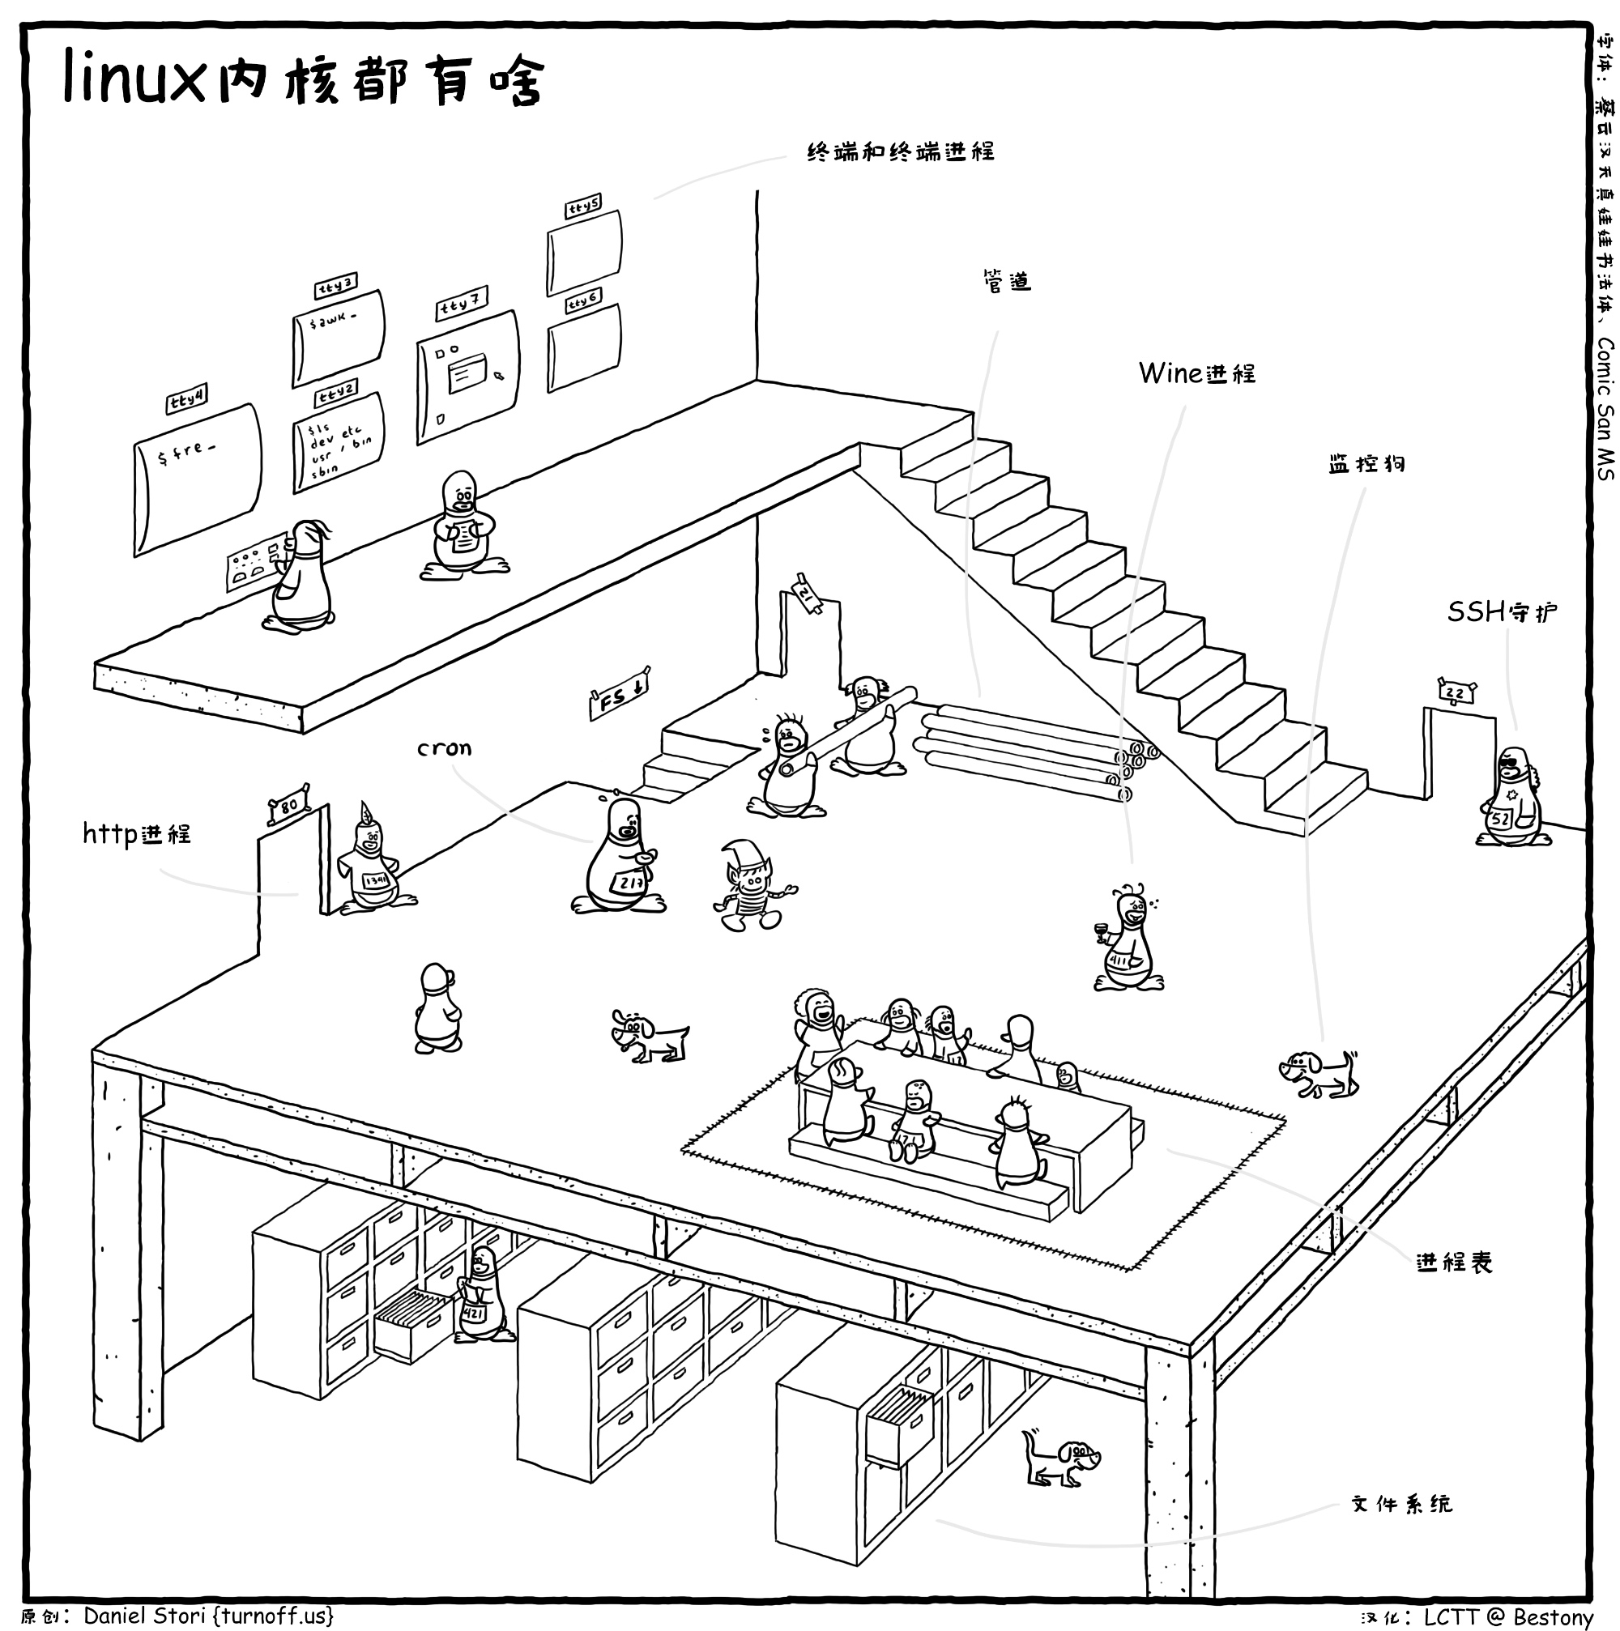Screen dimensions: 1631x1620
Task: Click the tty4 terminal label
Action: [x=186, y=398]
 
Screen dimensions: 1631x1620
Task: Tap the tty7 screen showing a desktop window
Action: [x=467, y=377]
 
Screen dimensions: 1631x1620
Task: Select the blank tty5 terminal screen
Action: [x=584, y=251]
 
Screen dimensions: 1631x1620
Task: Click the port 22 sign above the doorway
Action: [x=1456, y=693]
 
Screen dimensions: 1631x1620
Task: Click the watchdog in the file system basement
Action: [x=1061, y=1459]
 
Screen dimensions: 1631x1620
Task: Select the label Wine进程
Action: [x=1196, y=373]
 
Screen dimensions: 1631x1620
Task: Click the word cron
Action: [x=444, y=748]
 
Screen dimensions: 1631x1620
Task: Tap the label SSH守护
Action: [x=1501, y=611]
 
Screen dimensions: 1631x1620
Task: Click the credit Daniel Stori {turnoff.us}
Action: [x=208, y=1615]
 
